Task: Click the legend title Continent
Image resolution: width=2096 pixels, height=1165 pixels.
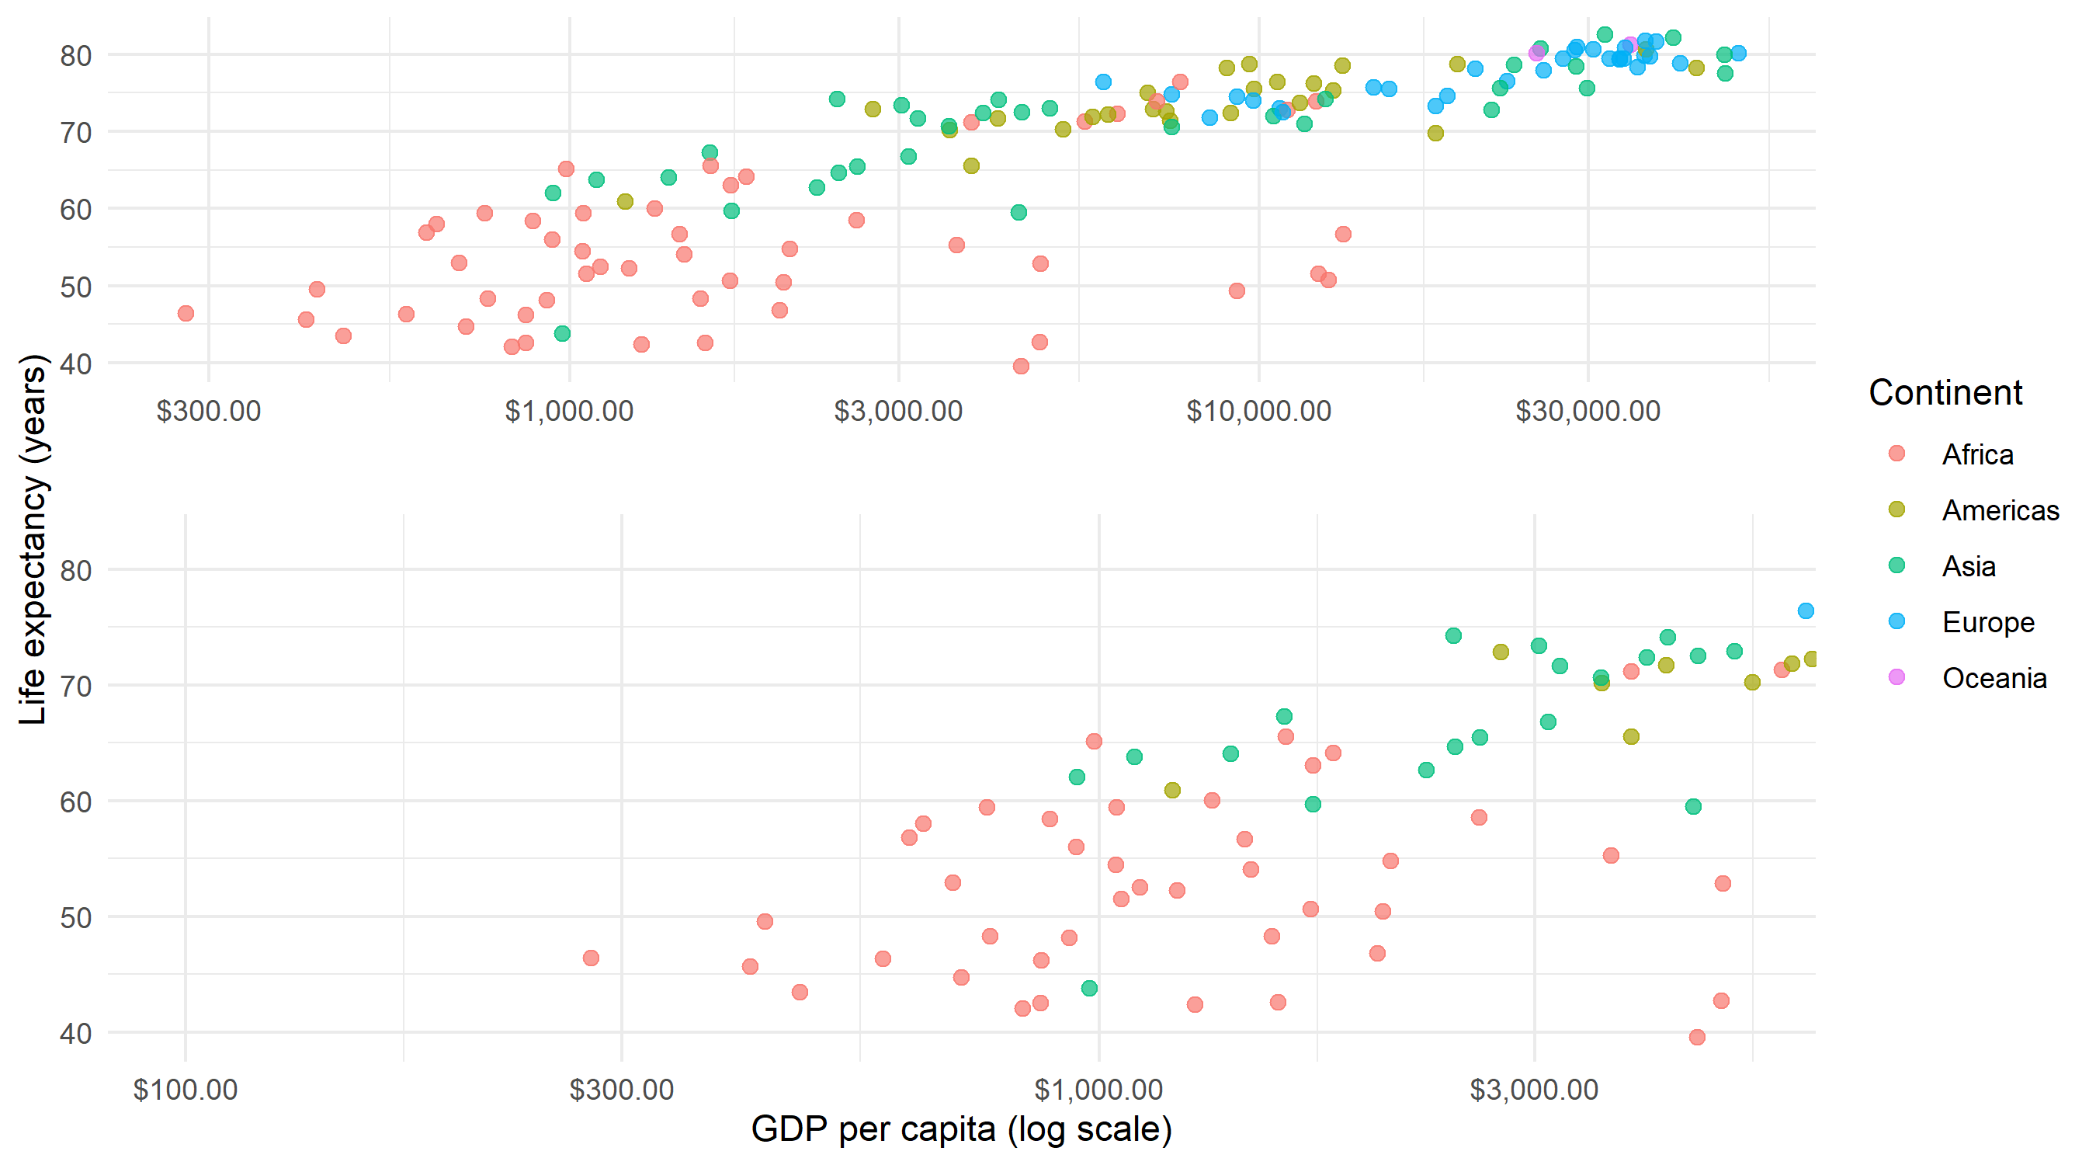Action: point(1944,392)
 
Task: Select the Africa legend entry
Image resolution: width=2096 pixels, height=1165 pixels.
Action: point(1976,454)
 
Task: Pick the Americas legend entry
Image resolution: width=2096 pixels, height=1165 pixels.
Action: point(1999,510)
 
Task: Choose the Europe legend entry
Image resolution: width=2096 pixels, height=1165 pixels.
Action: point(1987,622)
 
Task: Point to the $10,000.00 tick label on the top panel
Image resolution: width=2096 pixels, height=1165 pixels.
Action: point(1258,411)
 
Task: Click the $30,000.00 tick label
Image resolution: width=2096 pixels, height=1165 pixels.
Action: point(1587,411)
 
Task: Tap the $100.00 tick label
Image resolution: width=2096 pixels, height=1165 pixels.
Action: point(186,1090)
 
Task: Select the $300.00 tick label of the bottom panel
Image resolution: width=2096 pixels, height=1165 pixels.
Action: point(622,1090)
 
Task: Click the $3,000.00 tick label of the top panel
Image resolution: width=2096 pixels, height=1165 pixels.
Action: point(898,411)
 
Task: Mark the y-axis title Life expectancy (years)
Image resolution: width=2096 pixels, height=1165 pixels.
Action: point(33,539)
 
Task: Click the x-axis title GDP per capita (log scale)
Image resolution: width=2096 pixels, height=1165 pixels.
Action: point(961,1129)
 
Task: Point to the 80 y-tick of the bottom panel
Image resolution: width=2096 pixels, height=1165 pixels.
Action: point(75,571)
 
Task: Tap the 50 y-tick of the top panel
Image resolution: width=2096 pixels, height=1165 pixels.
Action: point(75,287)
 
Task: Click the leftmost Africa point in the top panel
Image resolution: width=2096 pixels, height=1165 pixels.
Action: point(186,314)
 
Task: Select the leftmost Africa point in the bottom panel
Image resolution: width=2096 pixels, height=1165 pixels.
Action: point(591,958)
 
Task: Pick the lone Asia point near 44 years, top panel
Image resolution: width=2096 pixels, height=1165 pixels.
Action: point(561,334)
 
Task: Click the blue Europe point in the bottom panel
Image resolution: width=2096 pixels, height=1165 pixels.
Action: point(1806,610)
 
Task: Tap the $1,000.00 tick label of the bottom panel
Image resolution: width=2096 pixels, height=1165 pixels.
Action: point(1098,1090)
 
